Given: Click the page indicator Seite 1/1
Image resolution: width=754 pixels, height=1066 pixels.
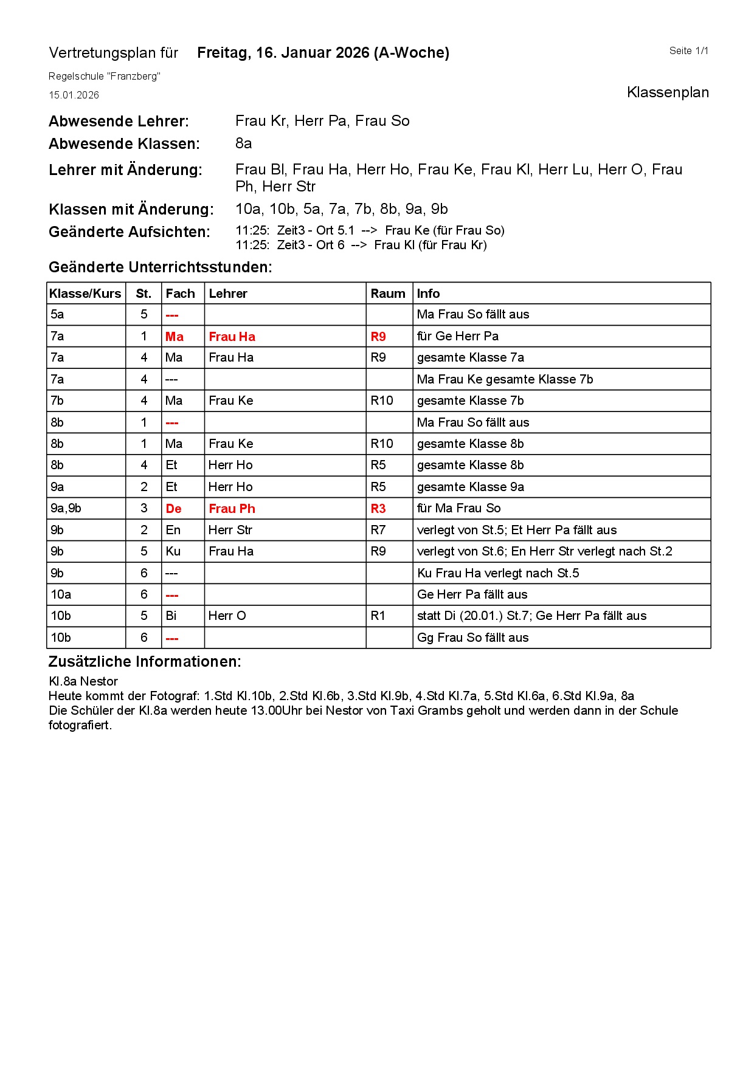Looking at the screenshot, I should pos(688,51).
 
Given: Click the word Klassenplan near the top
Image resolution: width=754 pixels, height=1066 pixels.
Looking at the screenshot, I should pos(668,92).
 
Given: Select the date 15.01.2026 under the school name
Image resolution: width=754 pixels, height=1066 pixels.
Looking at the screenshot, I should pos(74,95).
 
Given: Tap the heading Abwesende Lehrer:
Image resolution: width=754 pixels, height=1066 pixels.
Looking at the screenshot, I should pos(119,122).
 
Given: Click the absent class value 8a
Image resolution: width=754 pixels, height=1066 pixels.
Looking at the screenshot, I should pos(243,143).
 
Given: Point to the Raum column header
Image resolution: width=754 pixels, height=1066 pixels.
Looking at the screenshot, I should pos(388,294).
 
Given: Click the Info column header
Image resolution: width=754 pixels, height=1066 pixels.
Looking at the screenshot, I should pos(428,294).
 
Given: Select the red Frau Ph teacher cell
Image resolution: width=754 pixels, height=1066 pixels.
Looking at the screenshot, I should pos(232,509).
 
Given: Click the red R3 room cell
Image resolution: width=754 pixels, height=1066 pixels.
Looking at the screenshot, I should pos(378,509).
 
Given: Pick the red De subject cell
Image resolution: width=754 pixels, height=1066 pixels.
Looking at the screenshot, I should pos(173,509).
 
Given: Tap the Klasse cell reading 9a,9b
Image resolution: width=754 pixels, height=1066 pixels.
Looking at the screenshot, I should pos(66,509).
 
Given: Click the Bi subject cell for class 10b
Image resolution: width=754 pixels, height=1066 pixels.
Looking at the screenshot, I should pos(171,616).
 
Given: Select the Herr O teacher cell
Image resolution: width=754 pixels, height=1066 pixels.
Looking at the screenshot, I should pos(227,616).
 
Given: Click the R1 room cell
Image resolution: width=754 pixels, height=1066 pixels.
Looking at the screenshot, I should pos(378,616).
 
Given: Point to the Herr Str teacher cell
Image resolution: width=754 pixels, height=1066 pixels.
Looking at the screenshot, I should pos(230,530).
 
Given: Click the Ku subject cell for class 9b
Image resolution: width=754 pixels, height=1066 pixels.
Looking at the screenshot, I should pos(173,551).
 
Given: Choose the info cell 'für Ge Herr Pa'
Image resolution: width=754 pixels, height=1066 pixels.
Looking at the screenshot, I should pos(457,336).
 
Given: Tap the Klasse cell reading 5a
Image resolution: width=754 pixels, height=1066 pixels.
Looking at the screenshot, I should pos(57,314).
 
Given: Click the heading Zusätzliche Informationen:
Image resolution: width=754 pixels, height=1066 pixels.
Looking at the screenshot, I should pos(145,662).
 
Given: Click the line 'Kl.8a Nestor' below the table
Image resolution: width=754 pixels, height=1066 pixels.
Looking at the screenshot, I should pos(83,681).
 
